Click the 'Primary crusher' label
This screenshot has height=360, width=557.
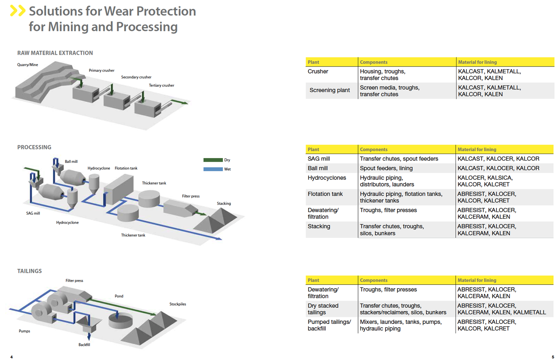[102, 70]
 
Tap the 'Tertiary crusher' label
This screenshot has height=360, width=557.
[161, 85]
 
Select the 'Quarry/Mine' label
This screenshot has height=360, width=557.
[28, 65]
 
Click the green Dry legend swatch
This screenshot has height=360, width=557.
[213, 160]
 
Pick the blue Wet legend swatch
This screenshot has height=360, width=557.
[213, 169]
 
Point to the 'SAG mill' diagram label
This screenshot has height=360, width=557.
[33, 213]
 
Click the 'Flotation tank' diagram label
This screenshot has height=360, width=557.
[126, 168]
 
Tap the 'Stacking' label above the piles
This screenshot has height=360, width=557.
[224, 203]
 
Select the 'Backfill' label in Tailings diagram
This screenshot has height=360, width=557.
[84, 345]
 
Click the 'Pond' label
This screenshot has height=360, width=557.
[119, 296]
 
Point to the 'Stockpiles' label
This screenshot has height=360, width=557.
[178, 304]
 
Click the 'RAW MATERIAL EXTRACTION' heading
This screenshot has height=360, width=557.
[55, 53]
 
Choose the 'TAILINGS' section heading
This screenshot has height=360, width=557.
[29, 271]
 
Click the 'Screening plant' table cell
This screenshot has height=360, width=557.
[329, 90]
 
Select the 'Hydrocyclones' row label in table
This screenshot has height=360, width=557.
[327, 178]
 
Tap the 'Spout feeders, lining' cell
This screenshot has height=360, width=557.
[386, 168]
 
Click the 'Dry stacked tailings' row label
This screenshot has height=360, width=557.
[323, 309]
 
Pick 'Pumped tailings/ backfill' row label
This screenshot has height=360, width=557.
[329, 325]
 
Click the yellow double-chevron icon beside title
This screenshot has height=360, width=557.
[17, 11]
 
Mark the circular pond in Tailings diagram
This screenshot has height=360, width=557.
[120, 321]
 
